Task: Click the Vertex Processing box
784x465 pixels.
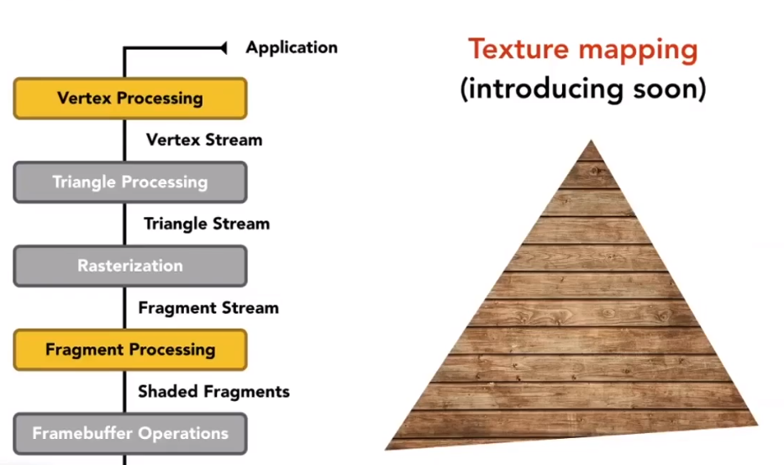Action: pyautogui.click(x=130, y=98)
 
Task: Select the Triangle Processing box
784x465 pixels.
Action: pyautogui.click(x=130, y=182)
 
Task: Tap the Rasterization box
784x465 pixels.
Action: pyautogui.click(x=130, y=266)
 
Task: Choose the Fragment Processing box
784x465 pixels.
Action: pyautogui.click(x=130, y=350)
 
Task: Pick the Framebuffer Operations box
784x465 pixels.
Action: pyautogui.click(x=130, y=434)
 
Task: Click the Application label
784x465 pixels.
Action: pyautogui.click(x=292, y=48)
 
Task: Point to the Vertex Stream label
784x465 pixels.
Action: pyautogui.click(x=204, y=140)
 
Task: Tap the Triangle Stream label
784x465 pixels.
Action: pyautogui.click(x=207, y=224)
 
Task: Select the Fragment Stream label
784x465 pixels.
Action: pyautogui.click(x=208, y=308)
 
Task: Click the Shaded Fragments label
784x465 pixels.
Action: pyautogui.click(x=213, y=392)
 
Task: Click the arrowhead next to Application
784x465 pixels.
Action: pyautogui.click(x=223, y=48)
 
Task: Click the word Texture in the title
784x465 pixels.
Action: pyautogui.click(x=513, y=50)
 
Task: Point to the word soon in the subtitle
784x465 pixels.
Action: pyautogui.click(x=668, y=88)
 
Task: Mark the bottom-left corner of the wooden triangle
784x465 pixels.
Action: pyautogui.click(x=387, y=447)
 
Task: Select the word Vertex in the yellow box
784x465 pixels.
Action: pyautogui.click(x=85, y=98)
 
